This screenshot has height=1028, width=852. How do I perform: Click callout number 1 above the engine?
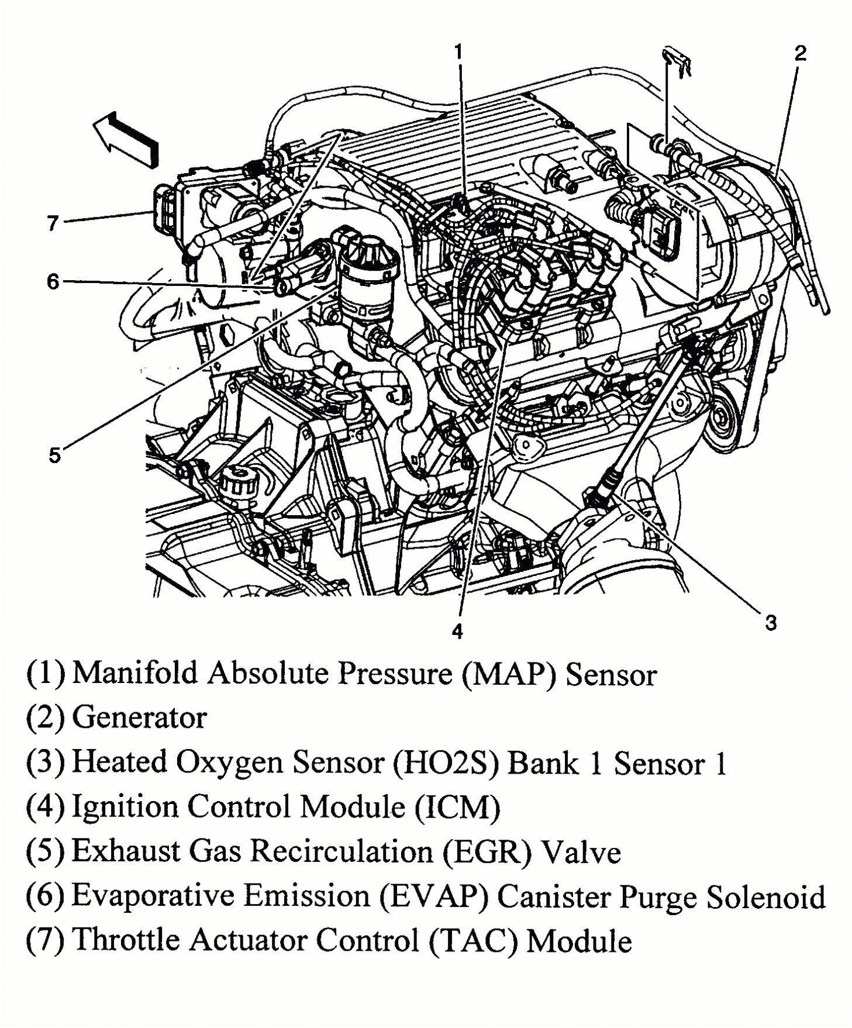pos(459,52)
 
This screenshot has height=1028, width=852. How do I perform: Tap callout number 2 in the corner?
pos(800,54)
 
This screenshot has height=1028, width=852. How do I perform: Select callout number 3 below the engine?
pos(771,623)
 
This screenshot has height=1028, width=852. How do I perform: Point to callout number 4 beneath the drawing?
pos(457,631)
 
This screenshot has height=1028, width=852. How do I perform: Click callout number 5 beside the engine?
pos(54,455)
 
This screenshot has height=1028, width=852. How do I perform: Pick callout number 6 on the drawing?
pos(53,282)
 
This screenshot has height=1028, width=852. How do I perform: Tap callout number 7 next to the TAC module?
pos(53,223)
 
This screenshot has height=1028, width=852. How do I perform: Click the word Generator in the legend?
pos(139,717)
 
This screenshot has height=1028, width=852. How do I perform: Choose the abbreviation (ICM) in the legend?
pos(457,808)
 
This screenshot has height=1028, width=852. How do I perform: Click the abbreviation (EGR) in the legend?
pos(486,852)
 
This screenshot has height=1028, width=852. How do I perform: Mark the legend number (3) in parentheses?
pos(45,763)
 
